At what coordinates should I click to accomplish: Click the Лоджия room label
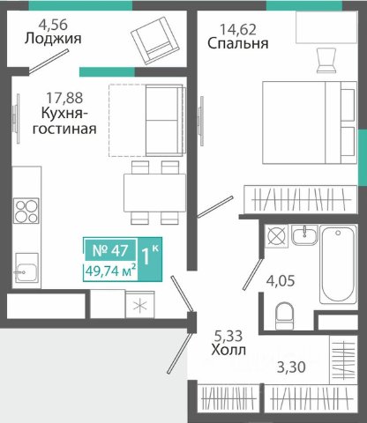[x=53, y=39]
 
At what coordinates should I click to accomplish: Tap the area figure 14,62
[x=238, y=29]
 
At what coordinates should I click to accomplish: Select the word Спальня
[x=238, y=43]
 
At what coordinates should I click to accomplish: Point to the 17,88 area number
[x=64, y=98]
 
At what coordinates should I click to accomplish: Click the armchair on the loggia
[x=155, y=41]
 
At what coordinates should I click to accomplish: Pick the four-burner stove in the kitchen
[x=26, y=211]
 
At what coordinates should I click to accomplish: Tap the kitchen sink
[x=26, y=268]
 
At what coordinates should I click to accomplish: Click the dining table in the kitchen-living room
[x=154, y=193]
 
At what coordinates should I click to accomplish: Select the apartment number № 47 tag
[x=110, y=250]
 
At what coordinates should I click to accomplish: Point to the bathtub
[x=338, y=263]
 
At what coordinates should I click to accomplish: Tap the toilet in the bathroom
[x=285, y=316]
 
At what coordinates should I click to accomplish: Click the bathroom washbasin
[x=304, y=234]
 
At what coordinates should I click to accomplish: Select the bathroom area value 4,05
[x=281, y=281]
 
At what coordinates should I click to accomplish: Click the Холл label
[x=228, y=350]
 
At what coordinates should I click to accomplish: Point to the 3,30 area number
[x=291, y=367]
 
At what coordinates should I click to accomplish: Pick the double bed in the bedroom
[x=310, y=122]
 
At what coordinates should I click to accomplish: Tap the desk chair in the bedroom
[x=326, y=60]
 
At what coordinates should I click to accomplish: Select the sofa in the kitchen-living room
[x=165, y=120]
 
